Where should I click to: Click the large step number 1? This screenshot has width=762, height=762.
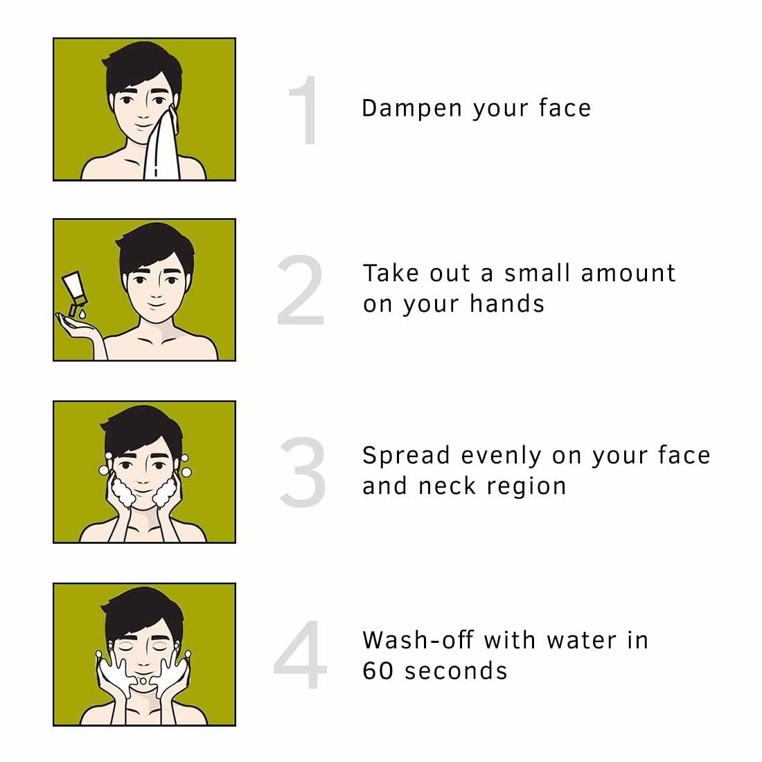[305, 111]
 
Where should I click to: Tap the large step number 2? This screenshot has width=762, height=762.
[301, 291]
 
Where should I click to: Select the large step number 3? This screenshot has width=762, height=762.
[302, 472]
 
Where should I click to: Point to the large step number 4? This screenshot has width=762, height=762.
[300, 655]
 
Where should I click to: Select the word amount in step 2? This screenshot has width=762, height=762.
[628, 274]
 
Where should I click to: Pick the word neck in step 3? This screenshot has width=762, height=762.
[446, 486]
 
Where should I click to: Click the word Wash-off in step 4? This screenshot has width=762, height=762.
[418, 640]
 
